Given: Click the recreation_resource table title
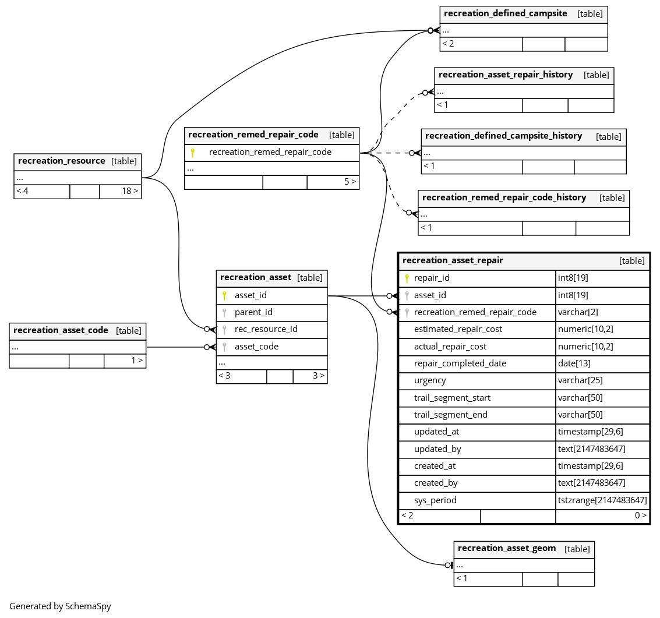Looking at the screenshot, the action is coord(61,161).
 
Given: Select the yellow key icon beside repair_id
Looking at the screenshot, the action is coord(407,278).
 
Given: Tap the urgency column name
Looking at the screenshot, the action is coord(430,380).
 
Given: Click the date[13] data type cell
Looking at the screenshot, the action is coord(574,363).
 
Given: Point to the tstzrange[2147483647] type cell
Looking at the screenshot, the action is coord(602,500).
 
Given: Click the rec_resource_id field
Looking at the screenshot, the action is coord(266,329).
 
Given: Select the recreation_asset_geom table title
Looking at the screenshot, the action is coord(507,549).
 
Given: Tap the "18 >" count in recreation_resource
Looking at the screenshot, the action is coord(130,191).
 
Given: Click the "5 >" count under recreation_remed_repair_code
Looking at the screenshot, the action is coord(350,182).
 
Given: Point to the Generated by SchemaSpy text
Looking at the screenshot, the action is coord(60,606).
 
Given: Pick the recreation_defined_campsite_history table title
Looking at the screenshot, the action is coord(503,136).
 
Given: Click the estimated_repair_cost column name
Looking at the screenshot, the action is coord(458,329).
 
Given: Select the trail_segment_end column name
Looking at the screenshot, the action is coord(451,415).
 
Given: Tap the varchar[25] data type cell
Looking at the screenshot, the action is coord(580,380).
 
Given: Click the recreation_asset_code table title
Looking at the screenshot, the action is coord(61,330).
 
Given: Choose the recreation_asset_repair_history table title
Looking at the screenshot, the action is coord(506,75).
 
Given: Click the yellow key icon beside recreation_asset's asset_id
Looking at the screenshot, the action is coord(224,295).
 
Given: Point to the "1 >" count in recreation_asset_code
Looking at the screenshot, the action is coord(137,361).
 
